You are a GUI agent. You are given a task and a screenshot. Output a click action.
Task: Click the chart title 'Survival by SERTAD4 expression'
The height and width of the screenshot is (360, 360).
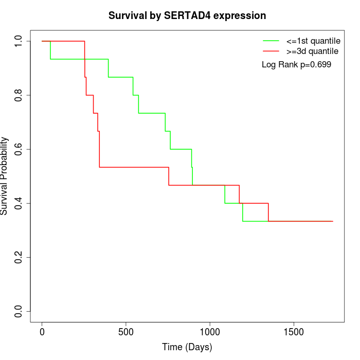pyautogui.click(x=187, y=15)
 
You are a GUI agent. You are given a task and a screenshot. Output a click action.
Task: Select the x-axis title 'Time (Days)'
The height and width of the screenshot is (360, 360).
pyautogui.click(x=187, y=347)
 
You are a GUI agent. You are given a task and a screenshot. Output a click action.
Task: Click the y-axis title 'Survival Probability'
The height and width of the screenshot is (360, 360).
pyautogui.click(x=5, y=176)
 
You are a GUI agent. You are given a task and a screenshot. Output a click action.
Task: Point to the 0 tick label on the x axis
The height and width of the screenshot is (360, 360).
pyautogui.click(x=42, y=332)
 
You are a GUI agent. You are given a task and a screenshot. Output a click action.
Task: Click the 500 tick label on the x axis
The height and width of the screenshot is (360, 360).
pyautogui.click(x=126, y=332)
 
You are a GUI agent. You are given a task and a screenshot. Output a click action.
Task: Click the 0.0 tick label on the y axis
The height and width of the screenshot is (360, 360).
pyautogui.click(x=19, y=311)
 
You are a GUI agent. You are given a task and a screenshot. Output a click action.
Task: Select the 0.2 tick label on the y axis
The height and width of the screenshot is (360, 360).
pyautogui.click(x=19, y=257)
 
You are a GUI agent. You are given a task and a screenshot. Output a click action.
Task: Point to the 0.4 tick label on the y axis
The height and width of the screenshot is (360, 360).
pyautogui.click(x=19, y=203)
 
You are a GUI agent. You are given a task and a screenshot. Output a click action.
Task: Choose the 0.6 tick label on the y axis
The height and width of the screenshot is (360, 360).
pyautogui.click(x=19, y=149)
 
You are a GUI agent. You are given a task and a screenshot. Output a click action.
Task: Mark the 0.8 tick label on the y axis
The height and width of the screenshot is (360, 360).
pyautogui.click(x=19, y=95)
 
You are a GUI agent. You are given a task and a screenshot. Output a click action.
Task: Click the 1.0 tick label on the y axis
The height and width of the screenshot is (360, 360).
pyautogui.click(x=19, y=41)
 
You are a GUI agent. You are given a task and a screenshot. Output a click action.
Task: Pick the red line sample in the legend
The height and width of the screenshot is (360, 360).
pyautogui.click(x=271, y=51)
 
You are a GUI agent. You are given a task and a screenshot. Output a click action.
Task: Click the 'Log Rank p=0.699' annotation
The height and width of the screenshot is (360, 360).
pyautogui.click(x=296, y=65)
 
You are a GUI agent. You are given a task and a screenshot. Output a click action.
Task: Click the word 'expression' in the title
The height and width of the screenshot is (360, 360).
pyautogui.click(x=240, y=16)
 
